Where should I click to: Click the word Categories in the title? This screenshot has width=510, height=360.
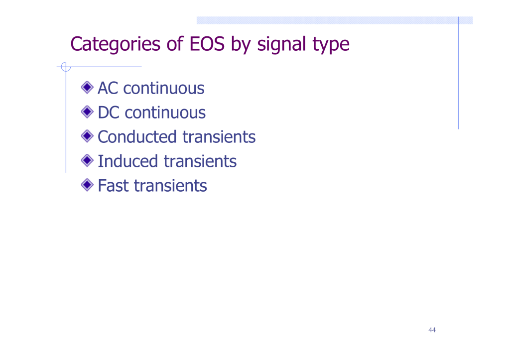point(116,44)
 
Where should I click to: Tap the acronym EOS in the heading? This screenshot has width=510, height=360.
point(207,44)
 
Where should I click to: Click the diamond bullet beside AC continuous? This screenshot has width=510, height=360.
point(87,88)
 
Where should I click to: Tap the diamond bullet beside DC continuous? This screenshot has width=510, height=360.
point(87,112)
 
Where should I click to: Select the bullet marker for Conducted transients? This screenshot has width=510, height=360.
point(87,136)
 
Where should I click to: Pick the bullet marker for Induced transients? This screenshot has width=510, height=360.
point(87,160)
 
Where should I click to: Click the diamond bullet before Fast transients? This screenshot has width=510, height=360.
point(87,185)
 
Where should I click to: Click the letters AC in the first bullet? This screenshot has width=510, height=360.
point(108,88)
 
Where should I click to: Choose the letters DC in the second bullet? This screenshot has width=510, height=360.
point(109,113)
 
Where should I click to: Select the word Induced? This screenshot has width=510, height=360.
point(128,161)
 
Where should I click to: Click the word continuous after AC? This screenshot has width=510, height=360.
point(163,89)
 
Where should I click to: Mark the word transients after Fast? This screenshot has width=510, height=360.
point(170,186)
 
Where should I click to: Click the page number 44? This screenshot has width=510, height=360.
point(432,330)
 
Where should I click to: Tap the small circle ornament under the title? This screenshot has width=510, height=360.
point(66,67)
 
